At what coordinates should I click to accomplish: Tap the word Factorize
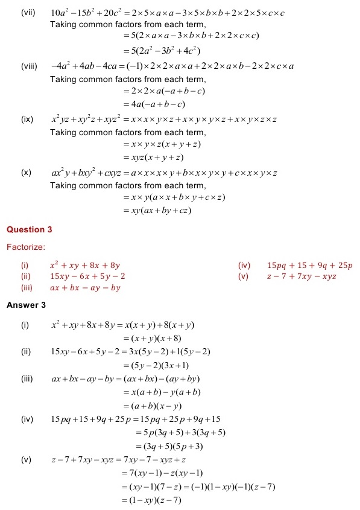click(26, 247)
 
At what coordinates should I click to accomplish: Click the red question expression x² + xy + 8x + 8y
click(85, 265)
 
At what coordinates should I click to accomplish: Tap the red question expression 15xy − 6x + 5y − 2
click(88, 276)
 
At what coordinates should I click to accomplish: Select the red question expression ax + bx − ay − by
click(85, 288)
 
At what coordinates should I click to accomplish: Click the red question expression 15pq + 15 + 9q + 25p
click(309, 265)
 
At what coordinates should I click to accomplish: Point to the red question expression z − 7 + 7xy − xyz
click(302, 276)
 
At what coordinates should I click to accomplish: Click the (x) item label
click(26, 173)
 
